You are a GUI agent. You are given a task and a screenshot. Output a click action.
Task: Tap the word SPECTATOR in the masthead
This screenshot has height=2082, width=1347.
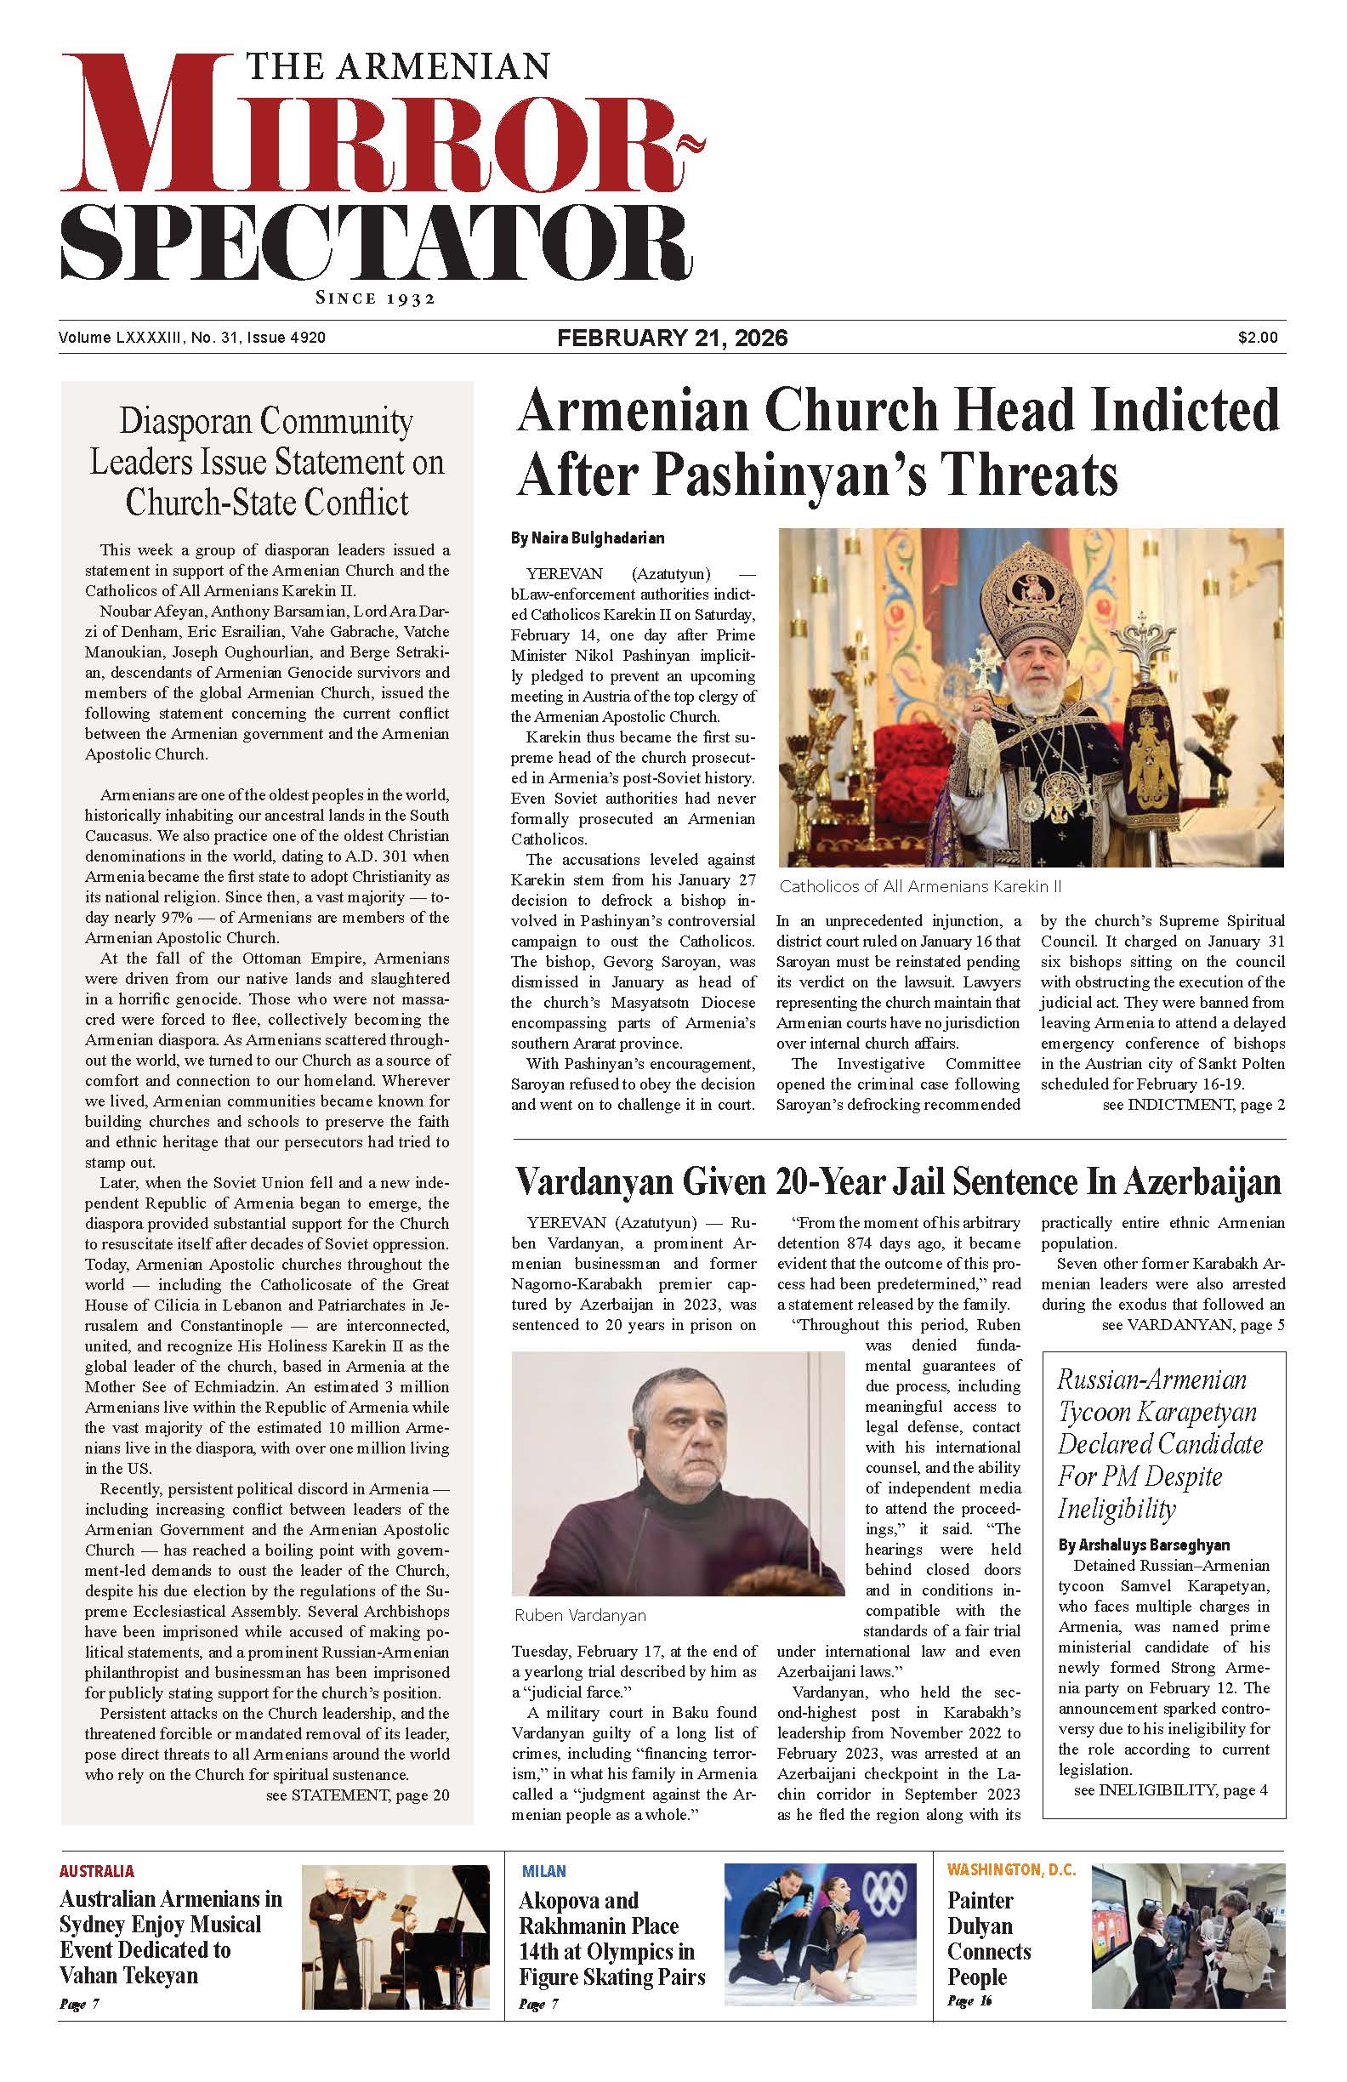click(x=376, y=241)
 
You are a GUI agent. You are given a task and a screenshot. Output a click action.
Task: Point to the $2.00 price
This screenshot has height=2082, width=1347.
click(x=1257, y=338)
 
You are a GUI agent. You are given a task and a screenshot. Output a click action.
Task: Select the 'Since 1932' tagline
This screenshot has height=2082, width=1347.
click(x=375, y=299)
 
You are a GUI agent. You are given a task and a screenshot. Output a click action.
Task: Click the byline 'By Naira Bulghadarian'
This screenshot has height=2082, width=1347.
click(x=587, y=538)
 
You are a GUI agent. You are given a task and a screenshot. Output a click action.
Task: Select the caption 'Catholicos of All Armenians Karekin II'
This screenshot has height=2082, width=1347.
click(x=919, y=886)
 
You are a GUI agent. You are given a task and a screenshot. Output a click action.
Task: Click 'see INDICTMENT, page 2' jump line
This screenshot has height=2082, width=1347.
click(x=1193, y=1105)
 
